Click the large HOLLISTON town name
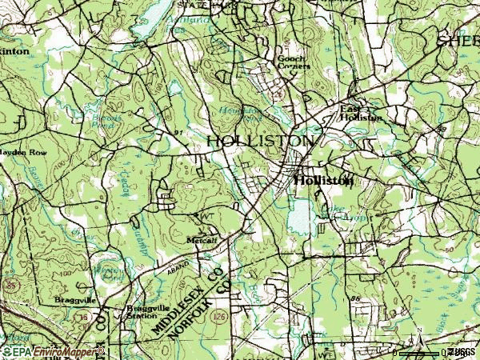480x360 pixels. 261,141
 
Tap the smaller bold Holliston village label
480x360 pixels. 323,181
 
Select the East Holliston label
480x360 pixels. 362,113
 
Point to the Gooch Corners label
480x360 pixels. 293,62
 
